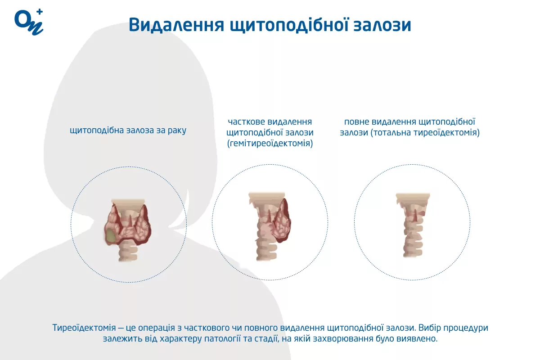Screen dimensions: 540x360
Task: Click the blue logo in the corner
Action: pyautogui.click(x=29, y=22)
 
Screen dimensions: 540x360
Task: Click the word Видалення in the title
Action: pyautogui.click(x=176, y=25)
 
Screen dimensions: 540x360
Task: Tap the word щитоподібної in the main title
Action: pyautogui.click(x=289, y=25)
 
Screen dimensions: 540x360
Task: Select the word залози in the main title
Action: pyautogui.click(x=382, y=25)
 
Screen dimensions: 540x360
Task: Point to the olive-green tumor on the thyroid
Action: pyautogui.click(x=111, y=236)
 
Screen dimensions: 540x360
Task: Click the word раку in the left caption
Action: pyautogui.click(x=177, y=130)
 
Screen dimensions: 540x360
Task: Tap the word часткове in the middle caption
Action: pyautogui.click(x=245, y=122)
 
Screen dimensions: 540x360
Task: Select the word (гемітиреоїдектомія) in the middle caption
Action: pyautogui.click(x=270, y=144)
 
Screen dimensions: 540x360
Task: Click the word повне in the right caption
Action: pyautogui.click(x=356, y=122)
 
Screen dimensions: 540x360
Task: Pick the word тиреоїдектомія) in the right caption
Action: pyautogui.click(x=449, y=133)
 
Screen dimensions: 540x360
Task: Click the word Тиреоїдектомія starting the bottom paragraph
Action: pyautogui.click(x=84, y=328)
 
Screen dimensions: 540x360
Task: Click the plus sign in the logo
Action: pyautogui.click(x=39, y=12)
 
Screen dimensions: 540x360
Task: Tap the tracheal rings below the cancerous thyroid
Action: pyautogui.click(x=128, y=253)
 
